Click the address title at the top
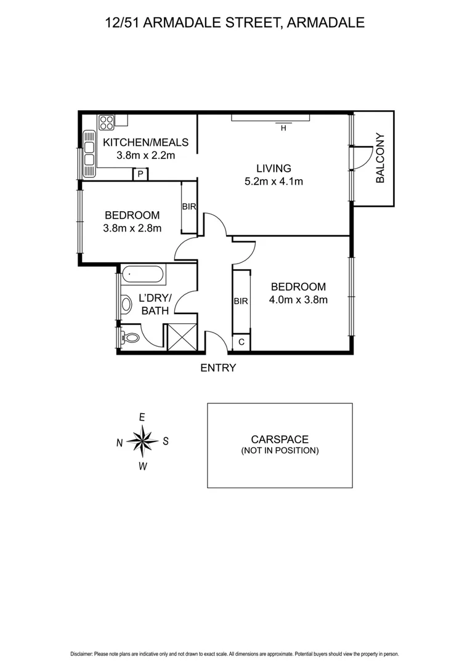pyautogui.click(x=235, y=23)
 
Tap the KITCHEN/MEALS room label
pyautogui.click(x=145, y=143)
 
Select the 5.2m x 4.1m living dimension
pyautogui.click(x=273, y=181)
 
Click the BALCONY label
pyautogui.click(x=380, y=158)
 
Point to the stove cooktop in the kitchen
pyautogui.click(x=106, y=122)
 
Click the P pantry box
pyautogui.click(x=140, y=175)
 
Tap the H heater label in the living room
pyautogui.click(x=283, y=129)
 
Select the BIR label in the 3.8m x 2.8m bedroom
pyautogui.click(x=188, y=207)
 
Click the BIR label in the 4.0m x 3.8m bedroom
pyautogui.click(x=240, y=301)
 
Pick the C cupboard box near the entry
pyautogui.click(x=241, y=342)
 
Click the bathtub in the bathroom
pyautogui.click(x=143, y=275)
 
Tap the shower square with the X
pyautogui.click(x=182, y=337)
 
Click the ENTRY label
pyautogui.click(x=218, y=368)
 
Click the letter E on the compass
pyautogui.click(x=142, y=417)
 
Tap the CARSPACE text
pyautogui.click(x=280, y=439)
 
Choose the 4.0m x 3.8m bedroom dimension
pyautogui.click(x=298, y=300)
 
